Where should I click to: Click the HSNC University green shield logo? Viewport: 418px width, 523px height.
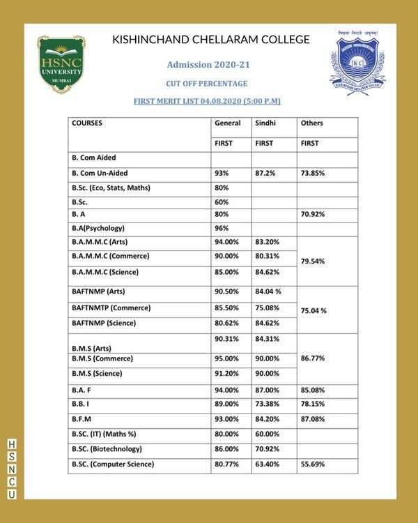61,64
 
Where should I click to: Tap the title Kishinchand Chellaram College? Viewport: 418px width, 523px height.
211,40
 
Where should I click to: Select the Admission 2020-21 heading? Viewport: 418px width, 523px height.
208,65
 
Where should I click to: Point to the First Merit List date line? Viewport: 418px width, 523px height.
207,101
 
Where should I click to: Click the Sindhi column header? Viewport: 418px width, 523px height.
265,123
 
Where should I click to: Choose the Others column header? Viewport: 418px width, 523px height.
311,123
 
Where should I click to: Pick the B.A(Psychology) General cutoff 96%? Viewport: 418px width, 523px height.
222,228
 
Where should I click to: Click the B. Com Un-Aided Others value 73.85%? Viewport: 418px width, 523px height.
313,173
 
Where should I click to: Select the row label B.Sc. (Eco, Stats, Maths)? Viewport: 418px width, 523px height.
111,188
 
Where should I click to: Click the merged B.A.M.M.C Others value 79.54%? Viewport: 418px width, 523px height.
313,261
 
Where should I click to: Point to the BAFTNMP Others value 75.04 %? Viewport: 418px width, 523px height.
314,311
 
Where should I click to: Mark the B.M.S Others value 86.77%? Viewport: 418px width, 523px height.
313,359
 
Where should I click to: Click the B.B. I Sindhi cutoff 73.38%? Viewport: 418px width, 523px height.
267,404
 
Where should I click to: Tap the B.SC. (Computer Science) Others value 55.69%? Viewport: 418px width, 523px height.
313,464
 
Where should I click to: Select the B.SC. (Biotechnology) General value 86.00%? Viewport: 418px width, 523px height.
227,449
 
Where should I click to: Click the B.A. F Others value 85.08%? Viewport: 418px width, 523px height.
313,390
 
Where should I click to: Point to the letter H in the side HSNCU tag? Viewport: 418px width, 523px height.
11,444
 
